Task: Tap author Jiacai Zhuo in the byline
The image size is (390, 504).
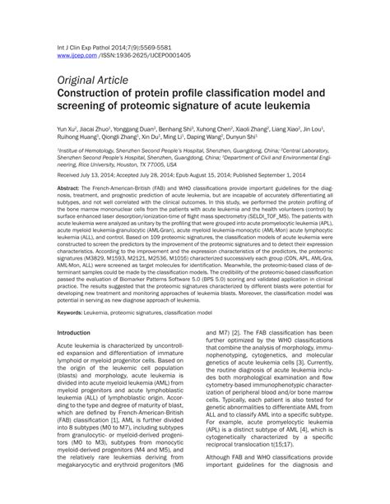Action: (x=102, y=130)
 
